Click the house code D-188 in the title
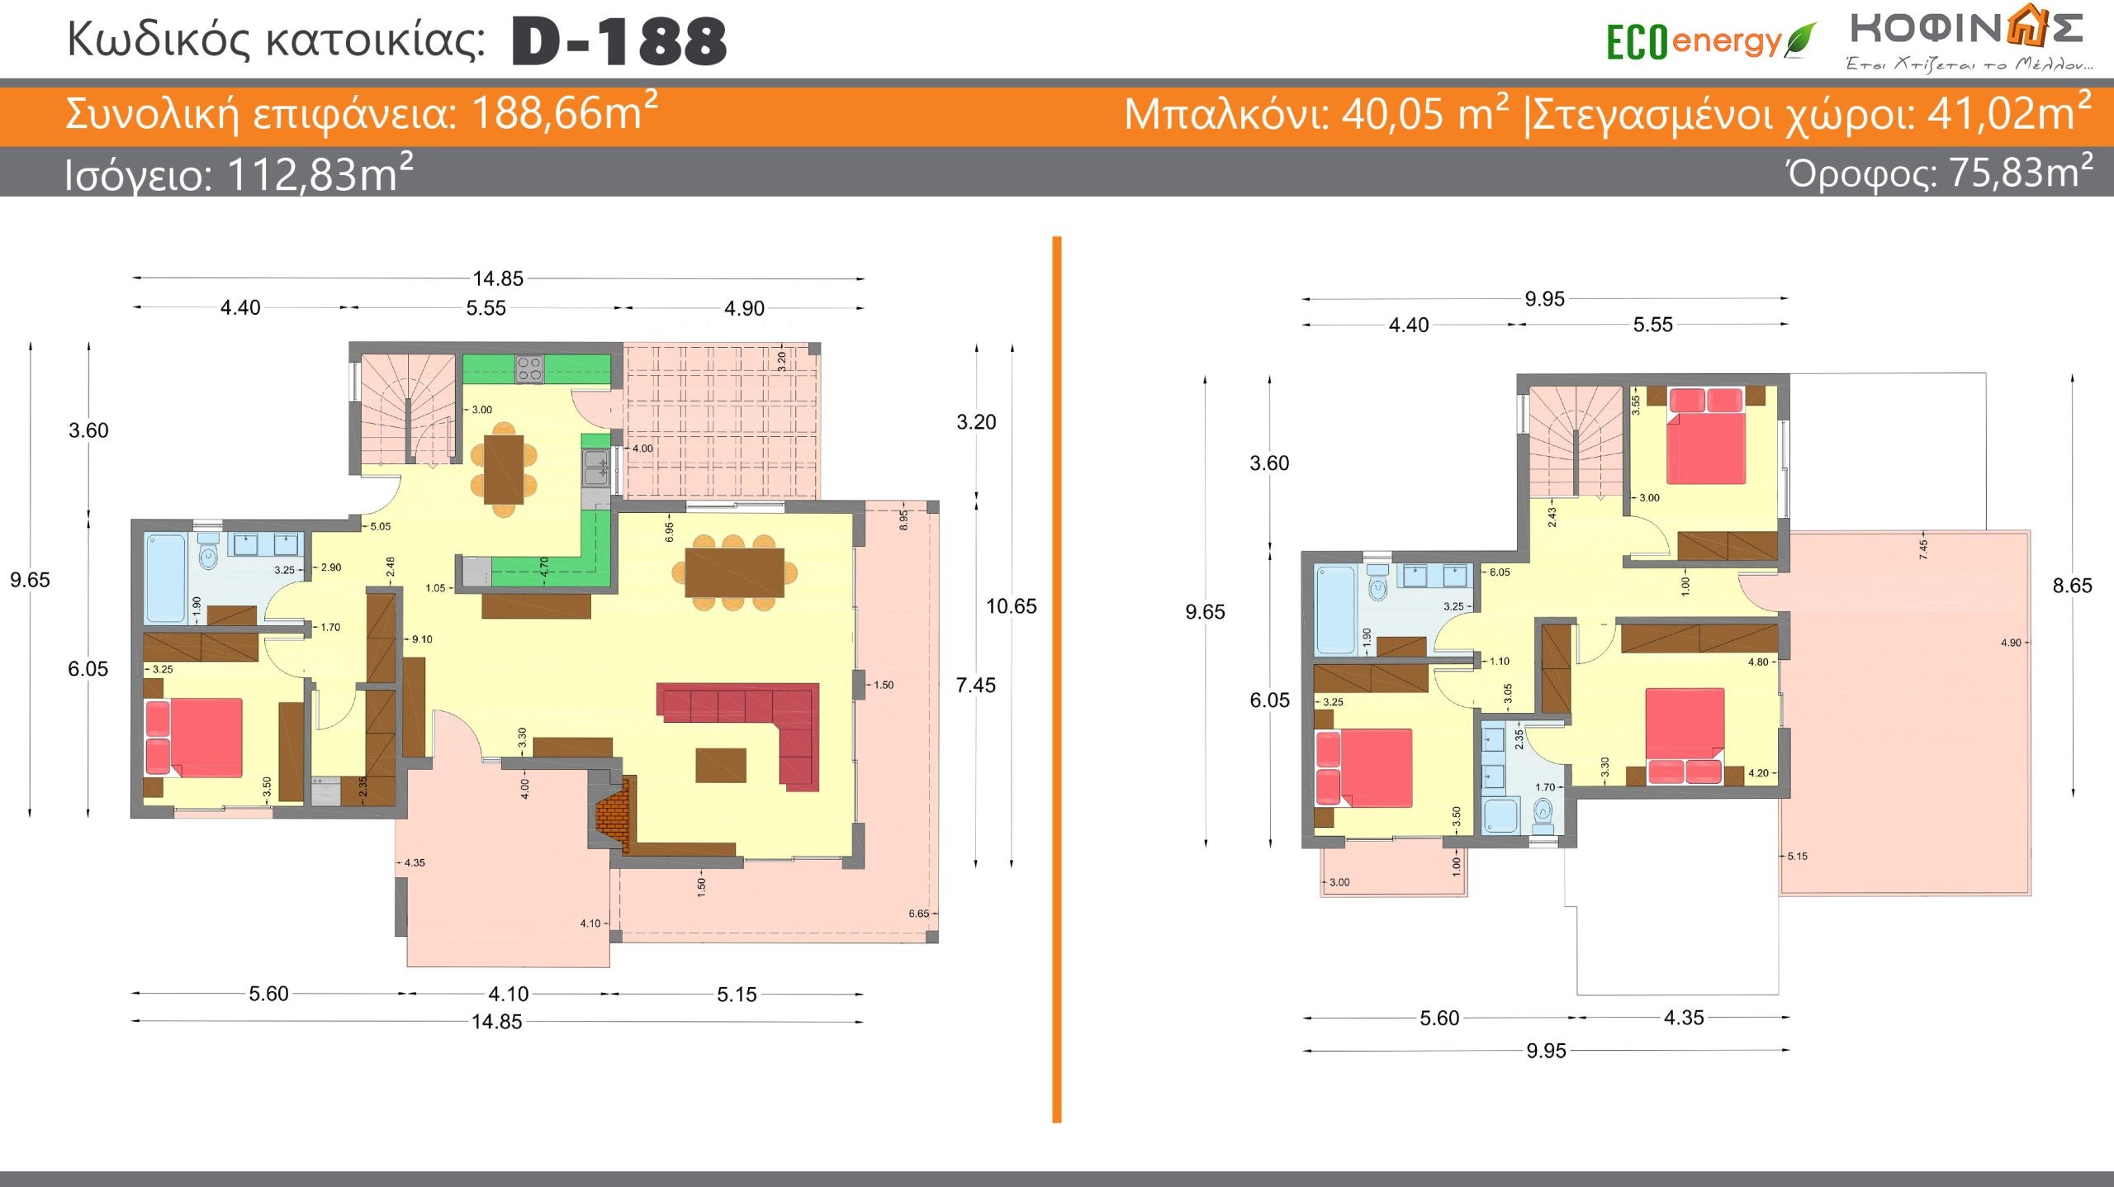coord(619,41)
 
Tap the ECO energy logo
coord(1710,41)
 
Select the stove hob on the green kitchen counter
coord(529,368)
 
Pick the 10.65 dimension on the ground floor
coord(1011,606)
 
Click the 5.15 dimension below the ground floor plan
coord(737,995)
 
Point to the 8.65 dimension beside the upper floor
coord(2072,586)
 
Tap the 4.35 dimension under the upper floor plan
coord(1684,1018)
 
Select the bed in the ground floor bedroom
coord(194,738)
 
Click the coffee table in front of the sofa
coord(721,765)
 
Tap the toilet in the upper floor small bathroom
coord(1542,816)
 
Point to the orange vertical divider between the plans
coord(1057,679)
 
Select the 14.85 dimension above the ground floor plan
coord(498,279)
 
